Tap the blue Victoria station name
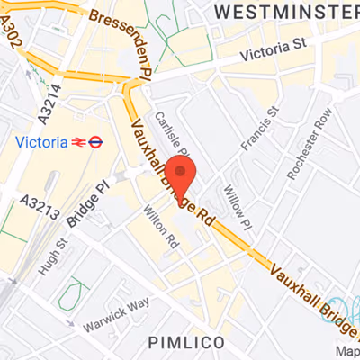(42, 141)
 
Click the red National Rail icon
(79, 141)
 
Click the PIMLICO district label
(180, 342)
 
